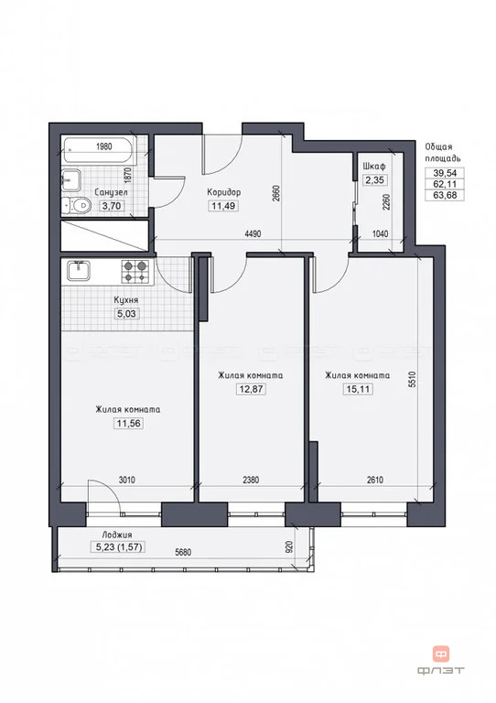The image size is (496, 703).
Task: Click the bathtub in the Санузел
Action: click(99, 150)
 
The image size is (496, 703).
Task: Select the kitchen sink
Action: click(79, 271)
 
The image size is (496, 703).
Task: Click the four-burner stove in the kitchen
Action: click(135, 272)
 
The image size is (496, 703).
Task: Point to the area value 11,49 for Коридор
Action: click(223, 206)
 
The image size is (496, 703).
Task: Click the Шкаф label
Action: click(374, 167)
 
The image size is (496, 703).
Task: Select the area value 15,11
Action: click(358, 389)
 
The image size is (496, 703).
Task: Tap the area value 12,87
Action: click(251, 389)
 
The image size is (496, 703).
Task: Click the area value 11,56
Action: click(129, 423)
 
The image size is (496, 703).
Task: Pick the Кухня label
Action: click(126, 299)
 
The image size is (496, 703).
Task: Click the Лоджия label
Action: click(117, 535)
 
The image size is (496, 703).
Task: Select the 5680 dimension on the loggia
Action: click(182, 552)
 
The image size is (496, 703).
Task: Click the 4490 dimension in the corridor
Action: click(253, 233)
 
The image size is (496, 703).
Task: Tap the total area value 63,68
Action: click(445, 195)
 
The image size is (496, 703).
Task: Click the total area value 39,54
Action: click(445, 173)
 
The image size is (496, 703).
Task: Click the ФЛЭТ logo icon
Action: click(441, 654)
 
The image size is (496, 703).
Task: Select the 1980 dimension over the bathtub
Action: click(104, 146)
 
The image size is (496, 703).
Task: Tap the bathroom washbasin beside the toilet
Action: click(71, 180)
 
